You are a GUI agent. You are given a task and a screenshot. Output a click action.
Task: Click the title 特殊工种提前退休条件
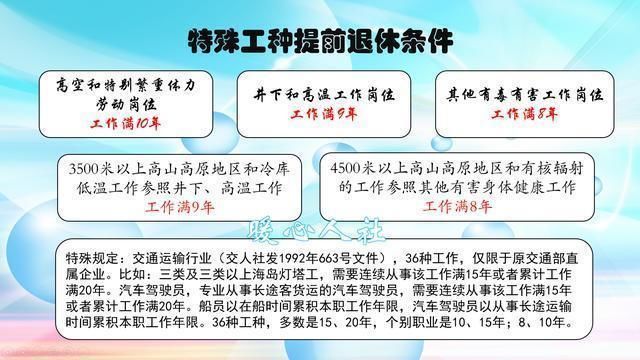click(320, 41)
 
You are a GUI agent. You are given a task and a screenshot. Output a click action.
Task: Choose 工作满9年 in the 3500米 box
click(180, 208)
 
